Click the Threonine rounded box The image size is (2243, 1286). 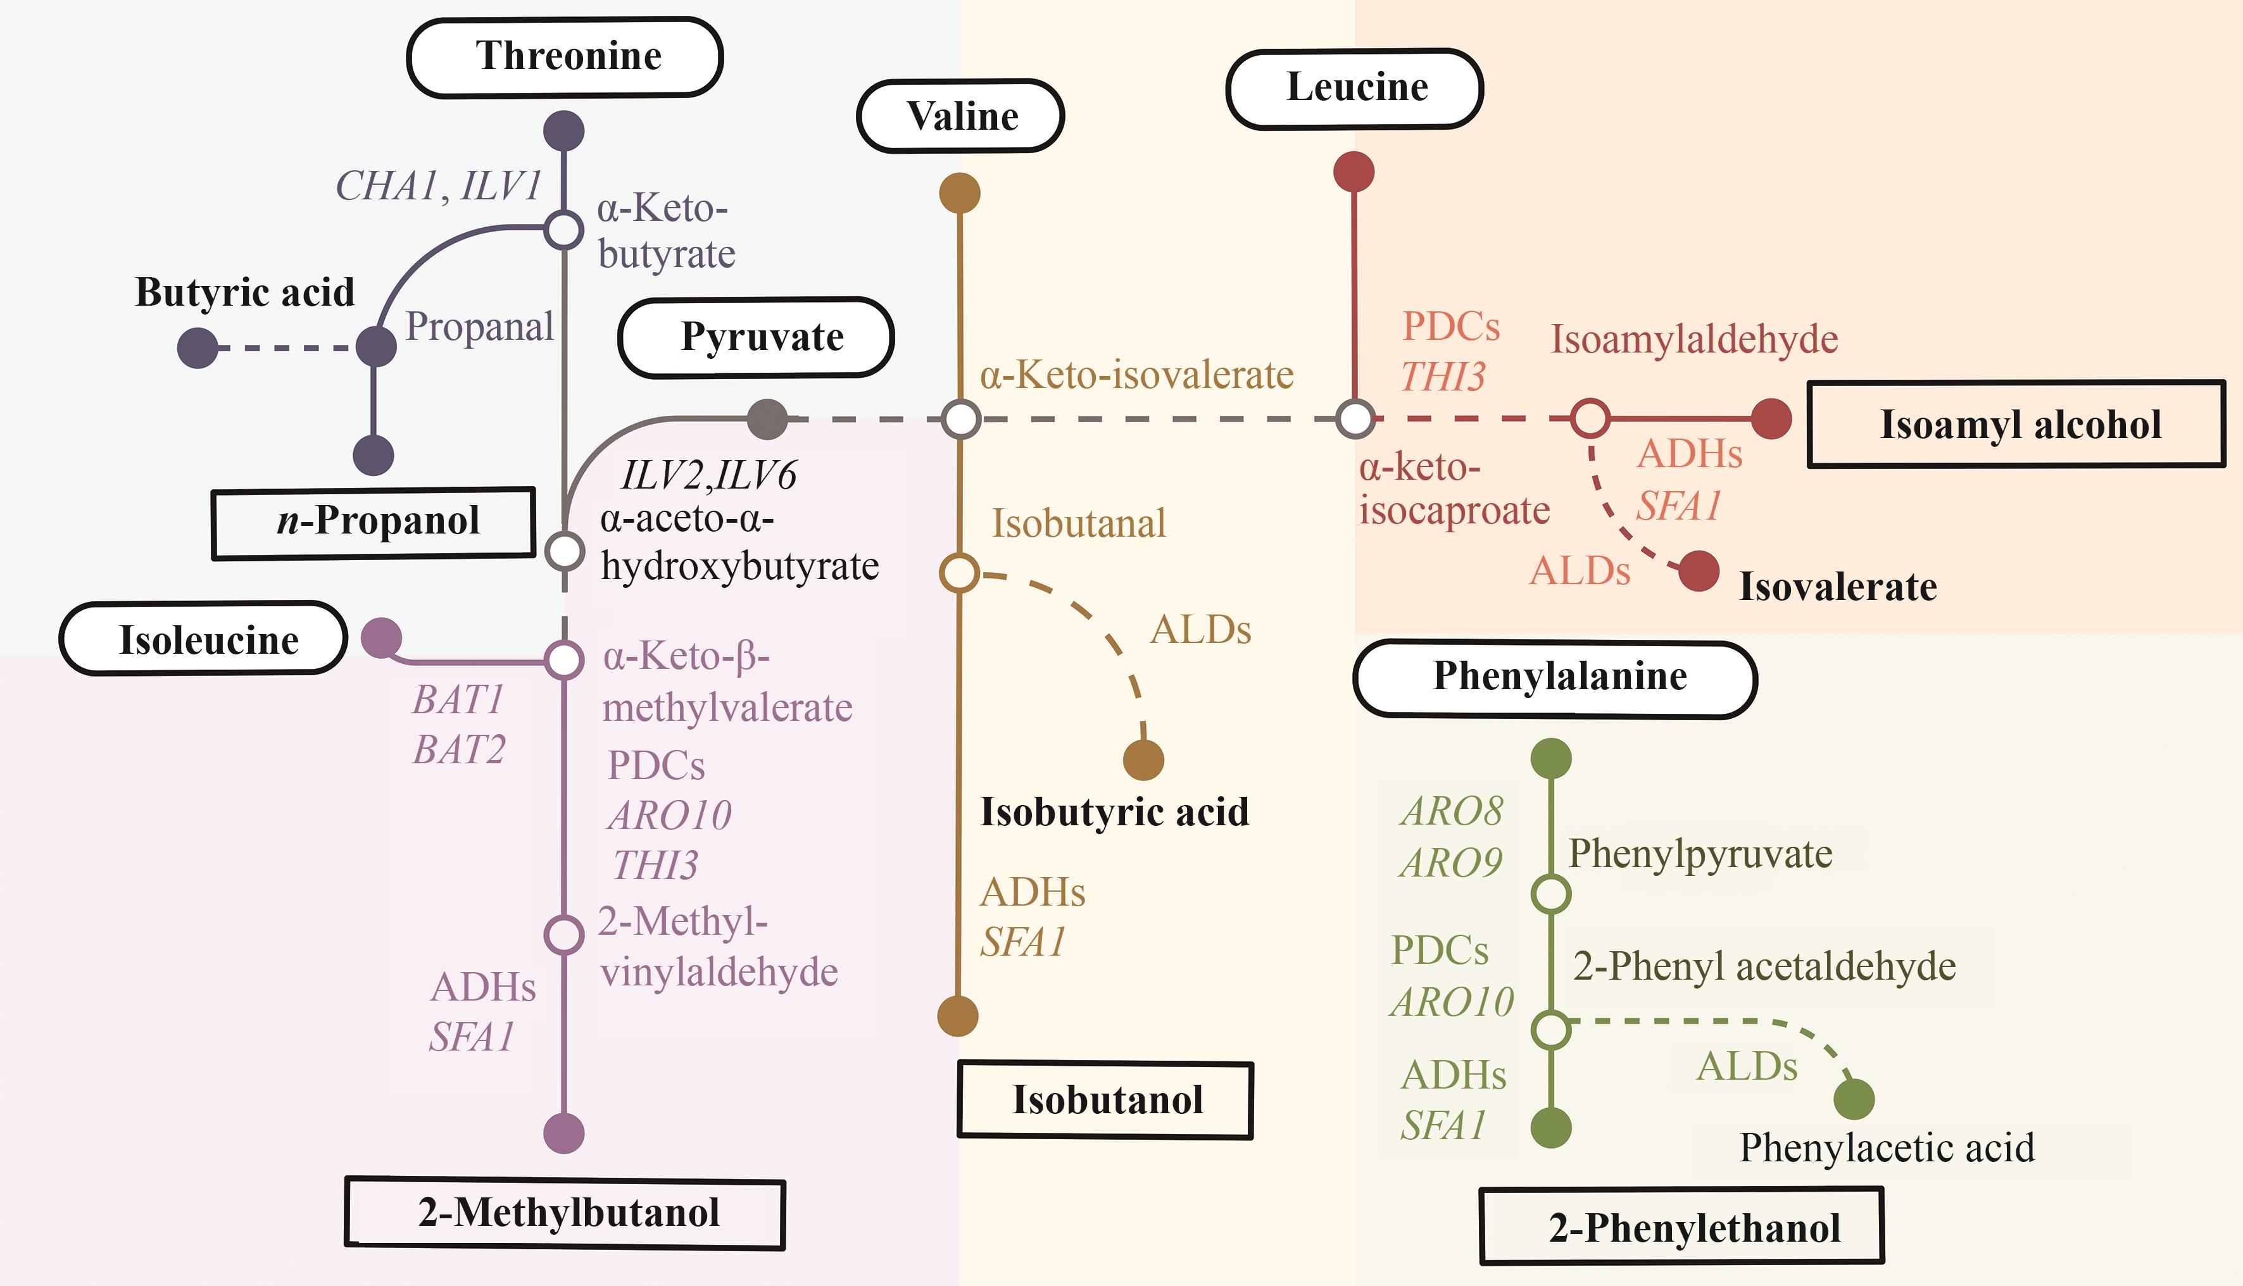pyautogui.click(x=565, y=56)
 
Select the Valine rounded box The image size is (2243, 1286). pyautogui.click(x=960, y=116)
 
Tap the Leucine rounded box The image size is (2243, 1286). pyautogui.click(x=1354, y=89)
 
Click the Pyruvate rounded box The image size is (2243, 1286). pyautogui.click(x=756, y=337)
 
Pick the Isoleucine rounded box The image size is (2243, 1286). pyautogui.click(x=203, y=639)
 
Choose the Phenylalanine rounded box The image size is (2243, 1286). pyautogui.click(x=1555, y=677)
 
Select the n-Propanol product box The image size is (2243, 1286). pyautogui.click(x=374, y=522)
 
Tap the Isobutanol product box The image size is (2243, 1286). pyautogui.click(x=1105, y=1100)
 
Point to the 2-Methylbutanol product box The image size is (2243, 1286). pyautogui.click(x=565, y=1213)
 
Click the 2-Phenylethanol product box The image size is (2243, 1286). pyautogui.click(x=1681, y=1227)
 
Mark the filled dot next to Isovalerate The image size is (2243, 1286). pyautogui.click(x=1698, y=571)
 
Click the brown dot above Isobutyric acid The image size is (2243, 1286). pyautogui.click(x=1143, y=759)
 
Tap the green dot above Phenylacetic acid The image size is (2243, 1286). pyautogui.click(x=1854, y=1099)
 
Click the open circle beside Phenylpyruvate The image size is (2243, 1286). pyautogui.click(x=1550, y=894)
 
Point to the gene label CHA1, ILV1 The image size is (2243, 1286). pyautogui.click(x=438, y=186)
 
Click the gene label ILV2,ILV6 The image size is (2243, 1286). pyautogui.click(x=708, y=475)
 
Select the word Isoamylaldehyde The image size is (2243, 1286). pyautogui.click(x=1693, y=339)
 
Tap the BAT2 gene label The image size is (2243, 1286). pyautogui.click(x=458, y=750)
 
